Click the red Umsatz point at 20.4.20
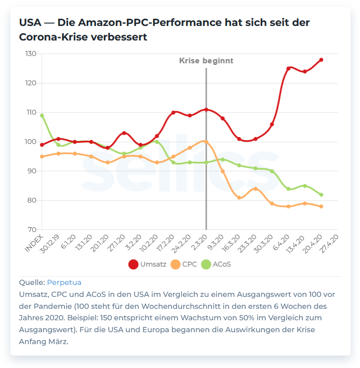[321, 60]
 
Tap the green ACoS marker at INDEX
[42, 115]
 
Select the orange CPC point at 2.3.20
[206, 141]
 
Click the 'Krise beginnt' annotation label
[206, 61]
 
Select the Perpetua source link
[64, 283]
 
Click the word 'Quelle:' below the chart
[32, 283]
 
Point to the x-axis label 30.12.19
[52, 242]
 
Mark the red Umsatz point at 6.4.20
[288, 69]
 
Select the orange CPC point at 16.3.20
[239, 198]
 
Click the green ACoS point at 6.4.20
[288, 188]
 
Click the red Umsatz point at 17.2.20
[174, 113]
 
